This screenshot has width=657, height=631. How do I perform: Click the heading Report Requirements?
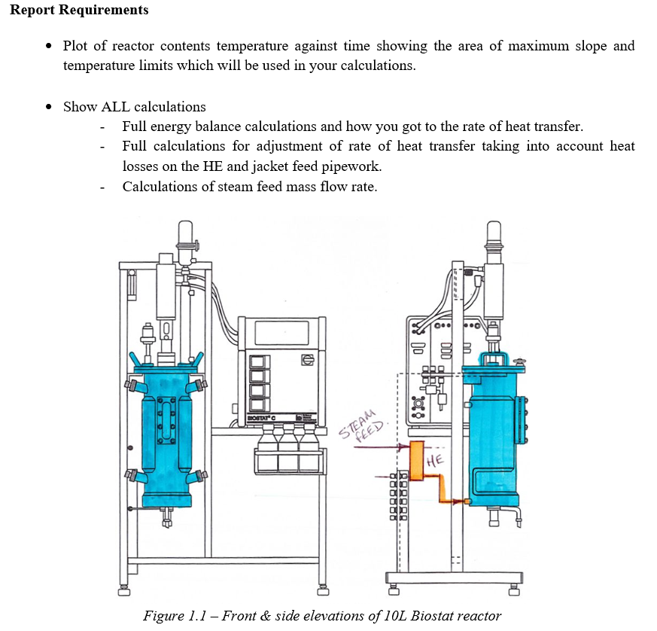click(x=79, y=11)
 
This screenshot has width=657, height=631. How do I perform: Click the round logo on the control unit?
click(x=306, y=359)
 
